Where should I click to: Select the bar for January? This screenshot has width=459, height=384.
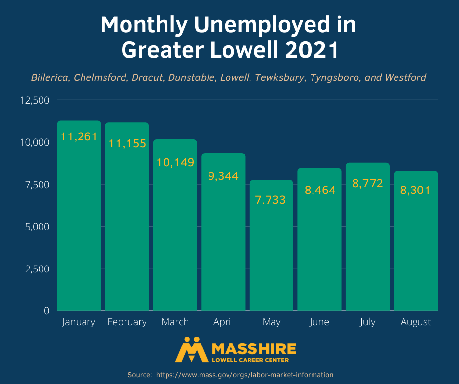79,219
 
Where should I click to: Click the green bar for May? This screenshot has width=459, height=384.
271,253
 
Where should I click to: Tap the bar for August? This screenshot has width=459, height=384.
416,244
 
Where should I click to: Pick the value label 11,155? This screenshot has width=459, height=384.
127,143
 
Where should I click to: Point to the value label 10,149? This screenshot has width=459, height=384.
175,162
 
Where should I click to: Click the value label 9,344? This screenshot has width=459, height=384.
223,176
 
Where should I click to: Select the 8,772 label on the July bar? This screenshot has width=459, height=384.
367,184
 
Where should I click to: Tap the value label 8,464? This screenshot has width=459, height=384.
320,190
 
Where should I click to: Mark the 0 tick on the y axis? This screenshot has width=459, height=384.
47,311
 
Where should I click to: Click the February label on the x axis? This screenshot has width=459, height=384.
127,322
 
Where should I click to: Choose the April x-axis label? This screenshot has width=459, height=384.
223,322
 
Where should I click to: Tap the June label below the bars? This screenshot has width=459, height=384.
319,322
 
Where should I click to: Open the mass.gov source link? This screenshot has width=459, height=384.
245,375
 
